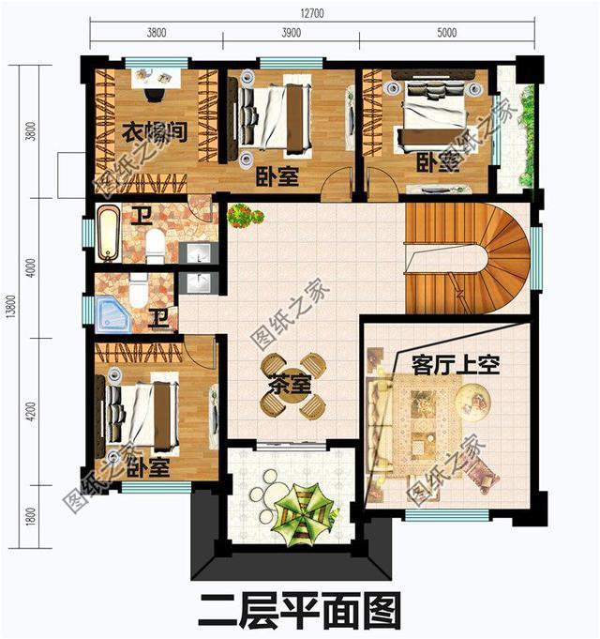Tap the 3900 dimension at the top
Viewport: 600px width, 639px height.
click(290, 33)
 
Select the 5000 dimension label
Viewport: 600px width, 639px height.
click(446, 33)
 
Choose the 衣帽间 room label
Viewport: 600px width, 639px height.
click(155, 132)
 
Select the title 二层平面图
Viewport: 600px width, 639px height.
click(298, 611)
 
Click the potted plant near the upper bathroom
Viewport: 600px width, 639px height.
click(243, 215)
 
